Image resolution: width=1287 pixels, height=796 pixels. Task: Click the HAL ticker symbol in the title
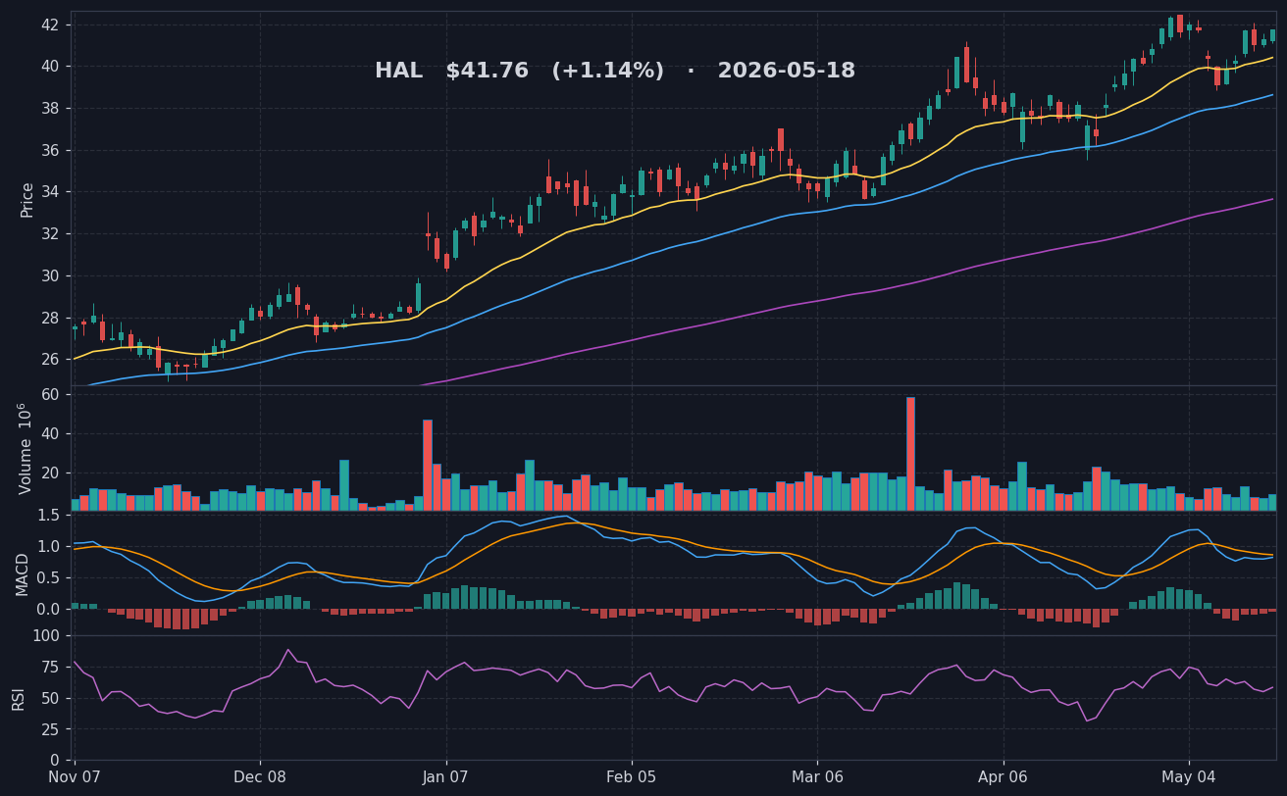(398, 71)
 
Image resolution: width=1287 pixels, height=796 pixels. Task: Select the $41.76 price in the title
(487, 71)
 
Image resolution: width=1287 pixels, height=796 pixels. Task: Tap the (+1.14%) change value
(608, 71)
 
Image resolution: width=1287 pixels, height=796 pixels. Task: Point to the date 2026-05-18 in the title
(787, 71)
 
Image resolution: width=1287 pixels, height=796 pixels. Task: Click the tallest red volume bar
(910, 454)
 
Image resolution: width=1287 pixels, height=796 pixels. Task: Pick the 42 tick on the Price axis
(49, 25)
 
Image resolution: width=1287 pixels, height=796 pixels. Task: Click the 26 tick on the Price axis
(49, 360)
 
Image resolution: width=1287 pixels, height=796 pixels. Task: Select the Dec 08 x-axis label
(260, 777)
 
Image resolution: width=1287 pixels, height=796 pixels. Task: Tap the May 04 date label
(1189, 777)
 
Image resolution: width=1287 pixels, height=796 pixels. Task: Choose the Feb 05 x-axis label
(631, 777)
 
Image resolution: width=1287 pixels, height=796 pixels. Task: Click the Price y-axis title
(26, 200)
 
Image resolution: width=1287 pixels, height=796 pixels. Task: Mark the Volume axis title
(25, 449)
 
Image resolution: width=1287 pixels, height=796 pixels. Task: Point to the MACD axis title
(22, 574)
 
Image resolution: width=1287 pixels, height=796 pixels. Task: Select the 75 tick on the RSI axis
(50, 668)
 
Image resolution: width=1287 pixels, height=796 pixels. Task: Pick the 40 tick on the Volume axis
(50, 433)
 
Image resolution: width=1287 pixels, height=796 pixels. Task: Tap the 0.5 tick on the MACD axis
(48, 577)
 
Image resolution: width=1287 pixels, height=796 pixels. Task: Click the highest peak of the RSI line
(288, 650)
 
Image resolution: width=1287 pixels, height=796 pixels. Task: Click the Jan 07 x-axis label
(445, 777)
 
